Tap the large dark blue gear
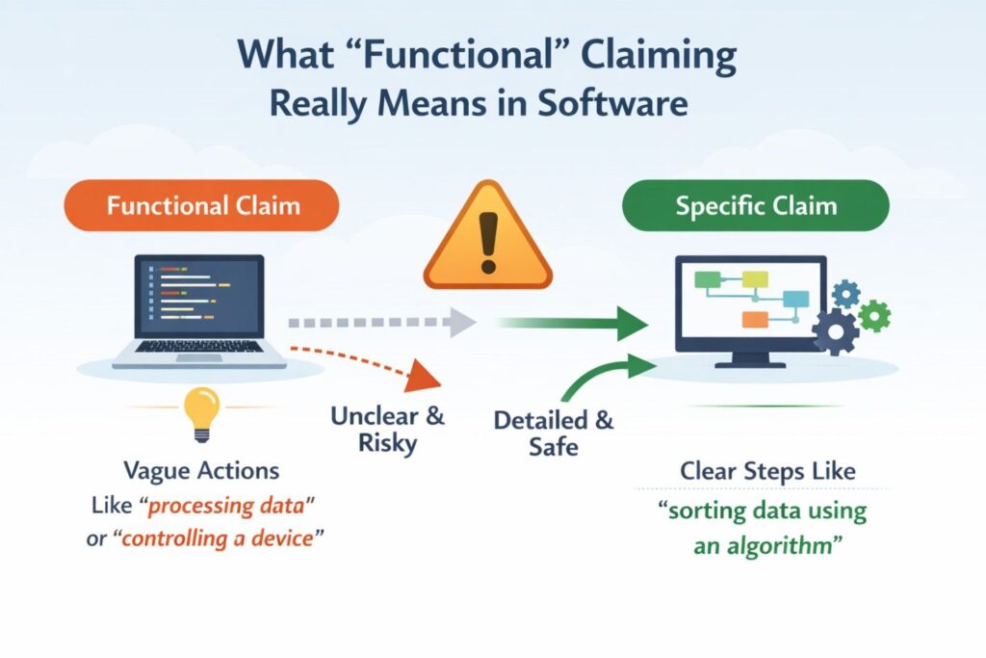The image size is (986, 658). coord(835,332)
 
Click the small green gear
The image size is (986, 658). coord(874,314)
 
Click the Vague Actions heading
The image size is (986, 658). coord(201,471)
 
